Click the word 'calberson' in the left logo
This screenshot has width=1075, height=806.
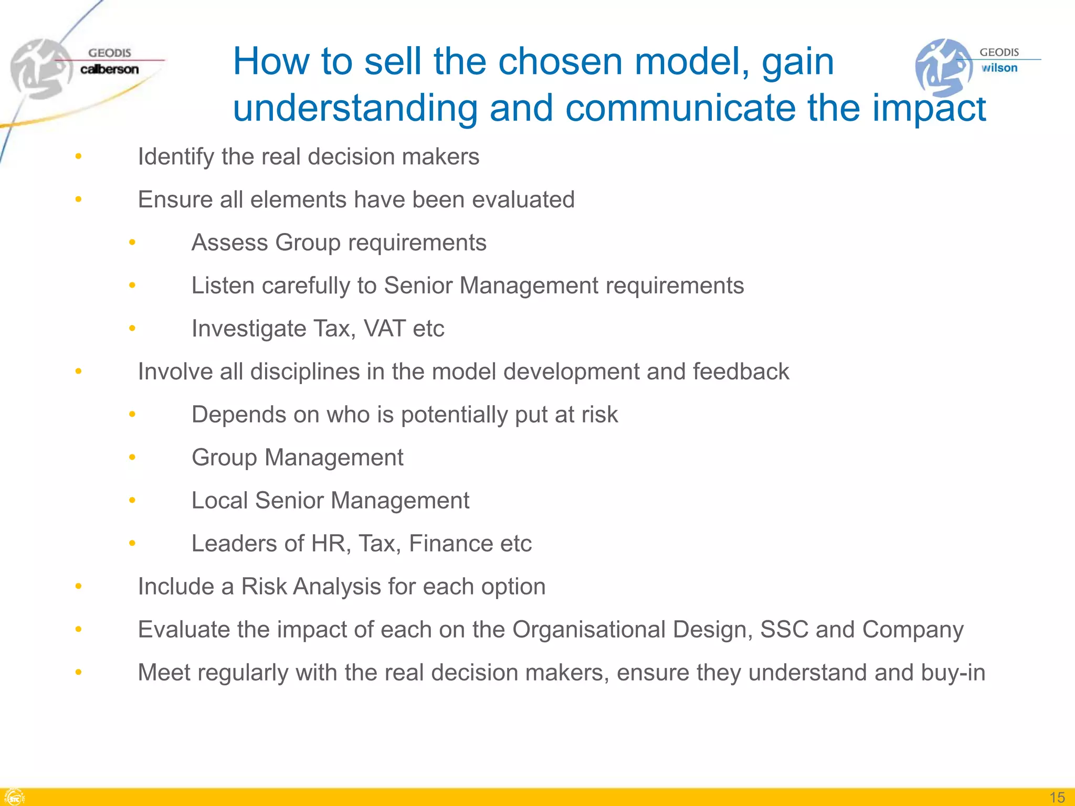109,69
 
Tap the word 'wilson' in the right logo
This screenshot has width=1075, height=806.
999,68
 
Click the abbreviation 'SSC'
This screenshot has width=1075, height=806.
784,630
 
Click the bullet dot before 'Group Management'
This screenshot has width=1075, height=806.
132,458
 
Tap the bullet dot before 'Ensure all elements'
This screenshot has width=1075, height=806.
78,199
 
